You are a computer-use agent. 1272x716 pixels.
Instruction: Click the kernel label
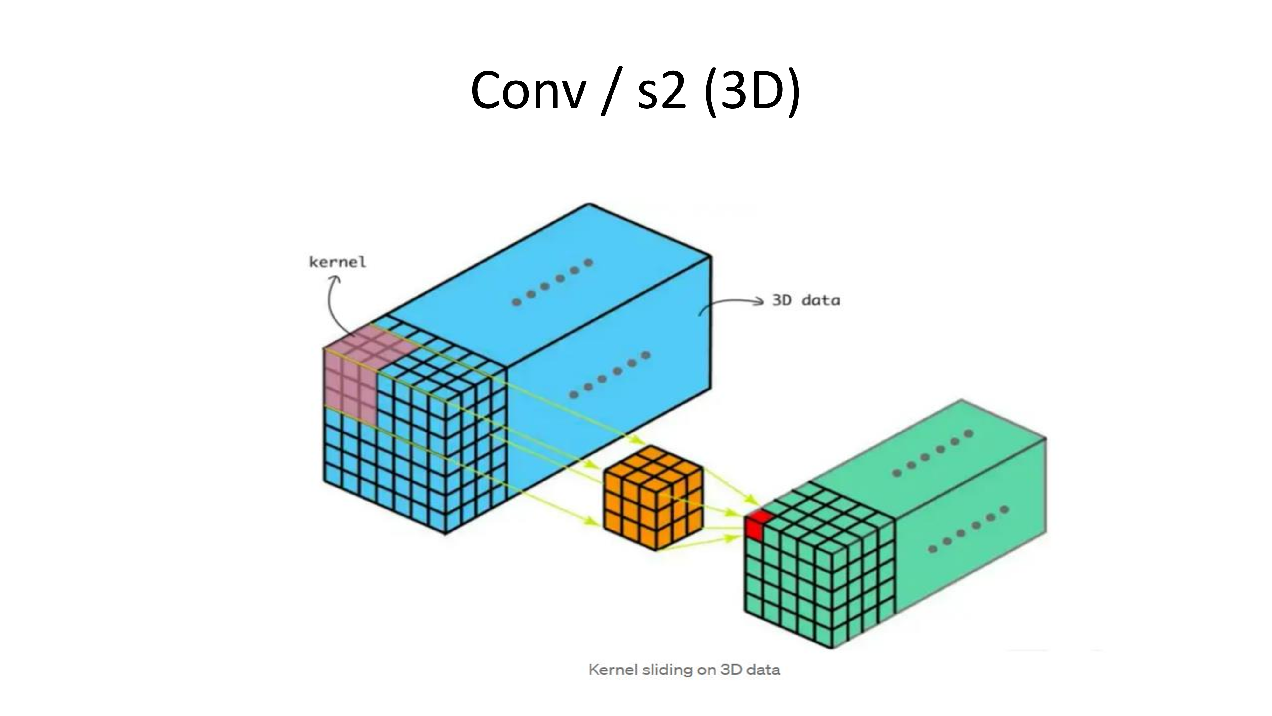pyautogui.click(x=338, y=262)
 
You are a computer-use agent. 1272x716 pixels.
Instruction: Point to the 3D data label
pyautogui.click(x=806, y=300)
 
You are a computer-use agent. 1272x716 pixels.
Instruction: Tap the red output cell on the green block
pyautogui.click(x=756, y=525)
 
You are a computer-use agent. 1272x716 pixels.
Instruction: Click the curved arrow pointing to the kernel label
pyautogui.click(x=333, y=304)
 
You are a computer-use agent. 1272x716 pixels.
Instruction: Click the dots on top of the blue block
pyautogui.click(x=552, y=282)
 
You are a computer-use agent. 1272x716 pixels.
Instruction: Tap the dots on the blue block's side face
pyautogui.click(x=610, y=375)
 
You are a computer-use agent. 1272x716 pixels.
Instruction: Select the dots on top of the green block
pyautogui.click(x=932, y=453)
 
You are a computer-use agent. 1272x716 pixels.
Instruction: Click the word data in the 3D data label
pyautogui.click(x=821, y=300)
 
